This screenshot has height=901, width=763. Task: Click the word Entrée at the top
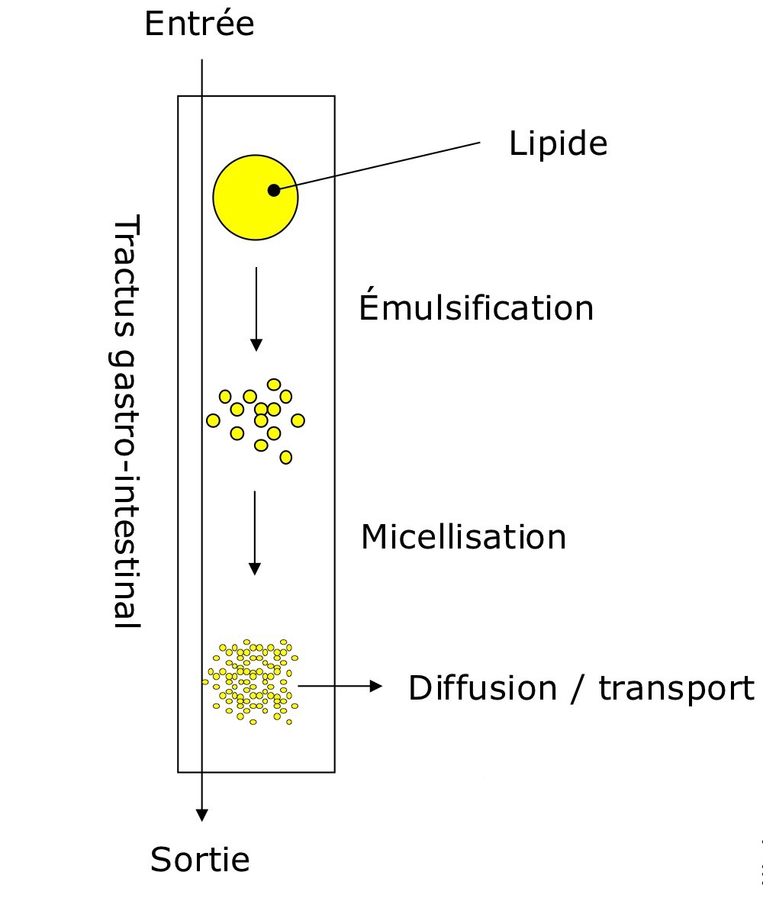199,24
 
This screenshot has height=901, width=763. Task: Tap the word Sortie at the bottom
200,860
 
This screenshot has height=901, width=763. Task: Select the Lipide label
558,143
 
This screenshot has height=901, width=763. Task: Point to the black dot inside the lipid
274,190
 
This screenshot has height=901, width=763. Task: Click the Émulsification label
476,308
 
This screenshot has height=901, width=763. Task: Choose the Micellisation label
463,537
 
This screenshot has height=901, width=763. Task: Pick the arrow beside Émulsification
256,308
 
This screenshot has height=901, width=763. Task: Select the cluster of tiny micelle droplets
250,681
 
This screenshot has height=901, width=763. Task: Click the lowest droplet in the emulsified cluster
286,457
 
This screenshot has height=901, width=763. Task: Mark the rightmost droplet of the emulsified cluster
298,420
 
